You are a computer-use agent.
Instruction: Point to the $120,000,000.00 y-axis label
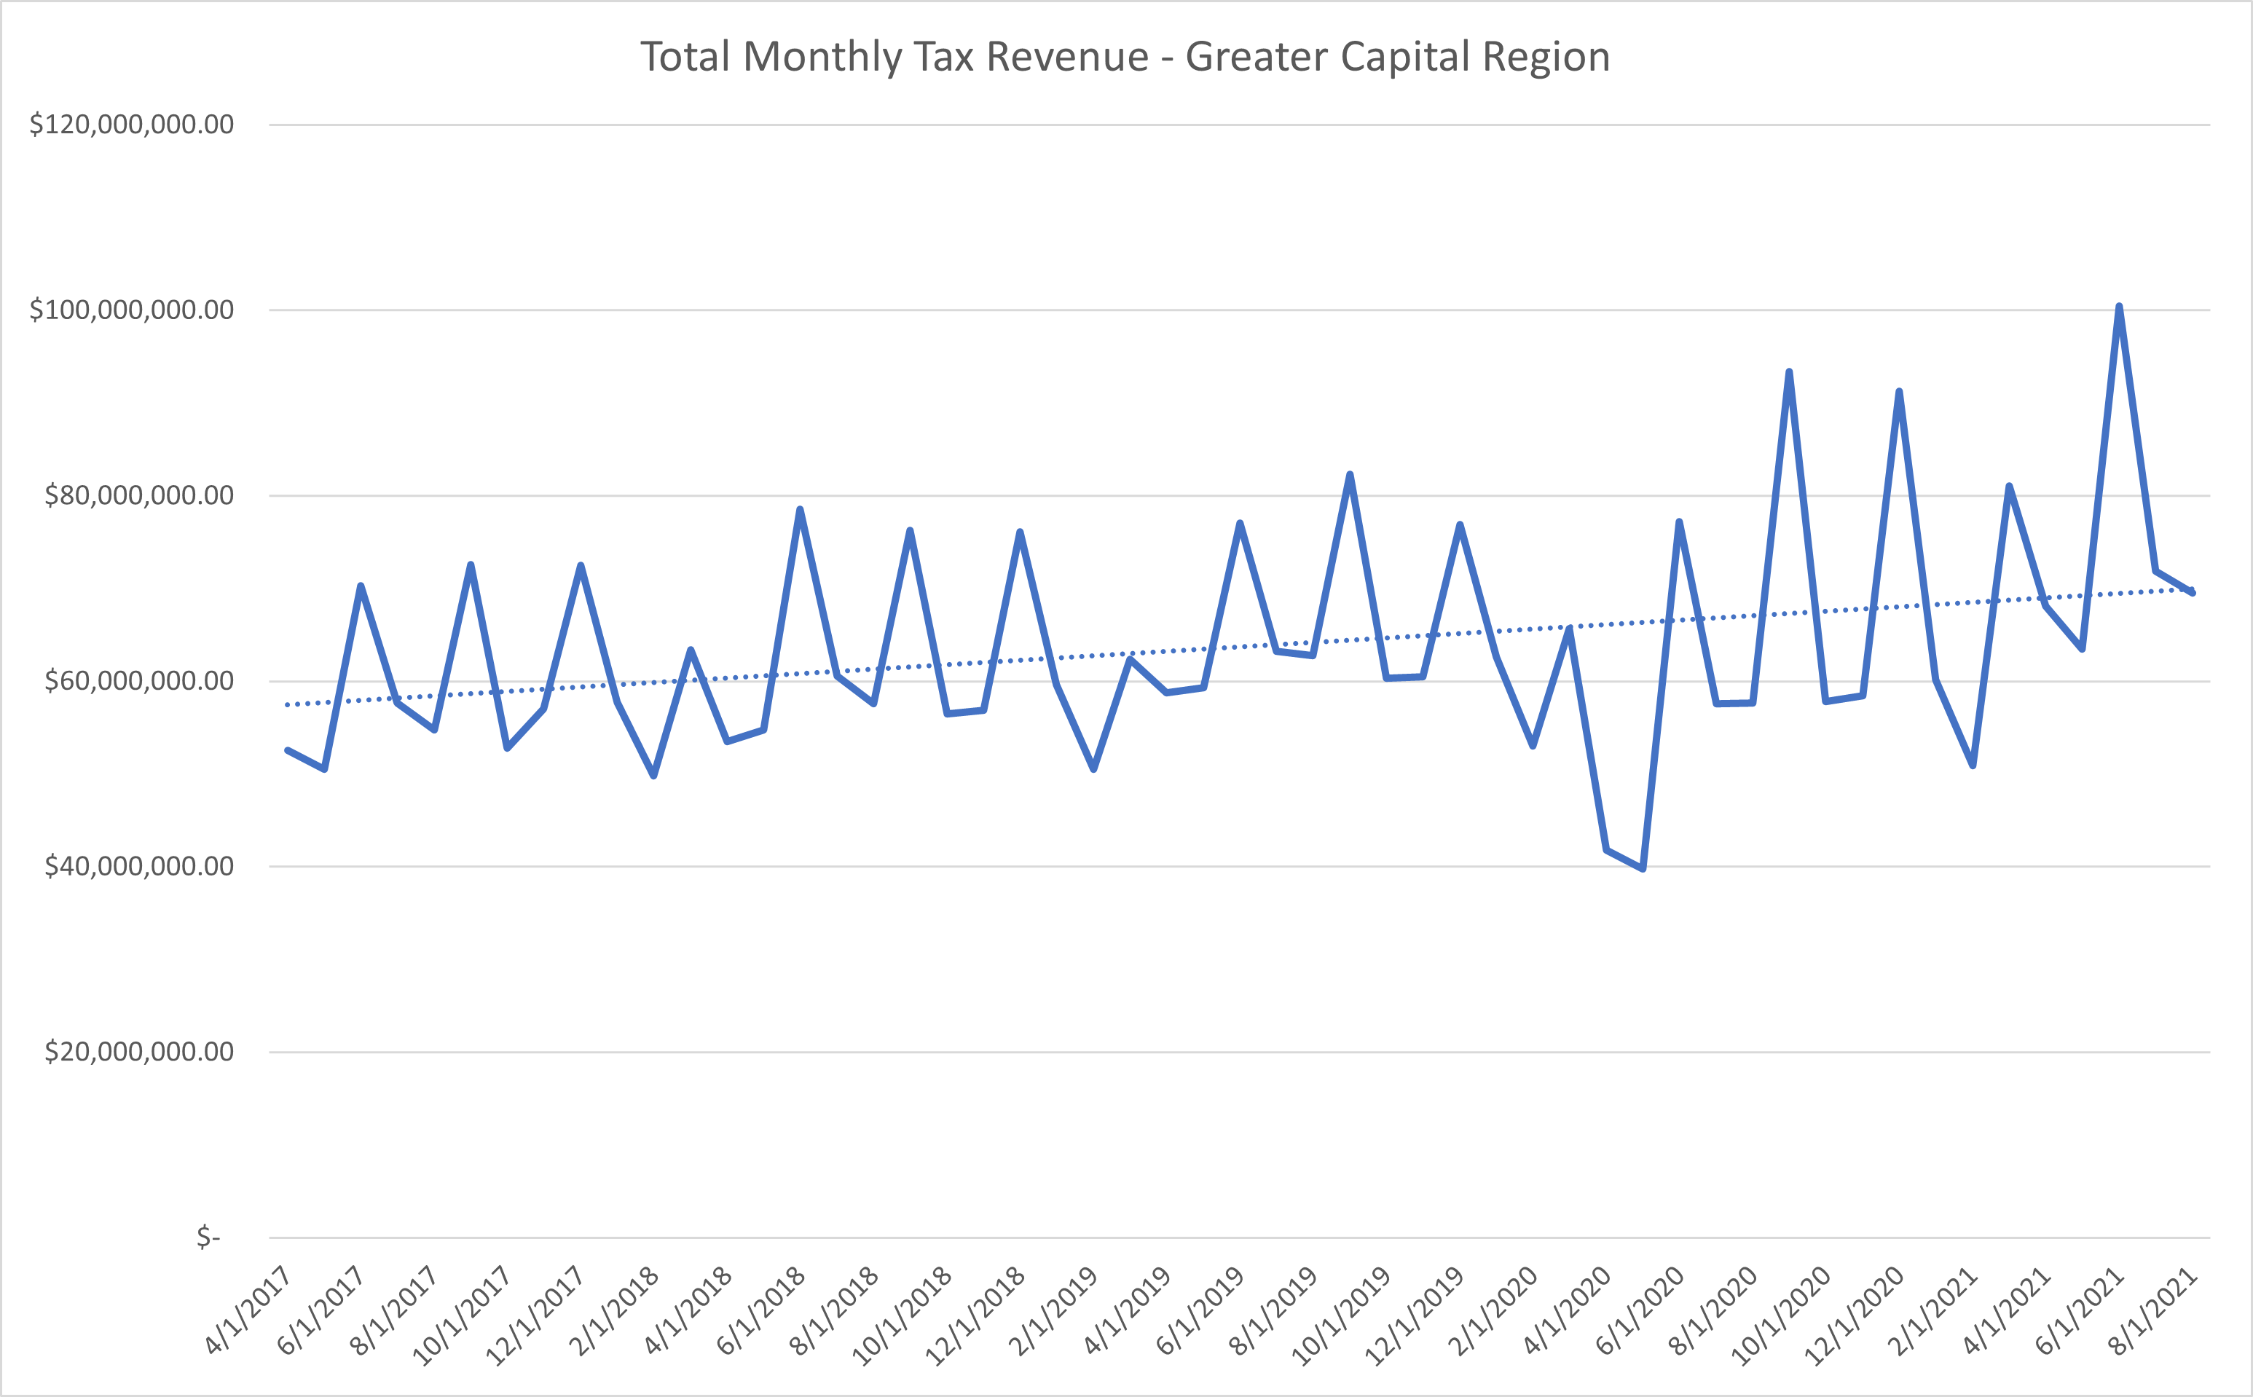(131, 124)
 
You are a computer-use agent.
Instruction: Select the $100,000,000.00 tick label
(131, 310)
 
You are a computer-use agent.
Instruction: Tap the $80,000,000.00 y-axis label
(138, 495)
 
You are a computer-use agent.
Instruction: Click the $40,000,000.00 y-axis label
(138, 866)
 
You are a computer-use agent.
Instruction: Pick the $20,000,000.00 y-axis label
(138, 1052)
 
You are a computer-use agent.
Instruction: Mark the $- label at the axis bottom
(209, 1237)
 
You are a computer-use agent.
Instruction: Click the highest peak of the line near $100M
(2118, 307)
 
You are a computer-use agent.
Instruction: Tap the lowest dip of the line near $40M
(1643, 868)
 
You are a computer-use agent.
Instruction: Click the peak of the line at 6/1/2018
(799, 509)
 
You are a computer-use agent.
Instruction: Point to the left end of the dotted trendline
(287, 705)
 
